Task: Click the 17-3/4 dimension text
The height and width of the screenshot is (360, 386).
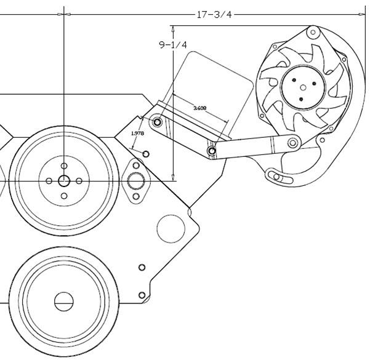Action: pos(214,14)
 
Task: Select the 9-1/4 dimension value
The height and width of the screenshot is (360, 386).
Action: pos(173,45)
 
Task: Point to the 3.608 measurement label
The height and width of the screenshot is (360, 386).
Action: pos(199,108)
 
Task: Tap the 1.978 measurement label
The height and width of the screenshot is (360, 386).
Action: pos(137,132)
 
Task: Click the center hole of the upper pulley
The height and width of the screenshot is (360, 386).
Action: pos(64,181)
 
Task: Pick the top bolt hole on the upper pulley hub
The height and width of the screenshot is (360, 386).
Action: pos(64,166)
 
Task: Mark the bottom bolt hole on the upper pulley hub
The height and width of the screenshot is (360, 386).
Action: pos(64,196)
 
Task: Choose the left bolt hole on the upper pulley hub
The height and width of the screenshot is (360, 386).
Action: pos(49,181)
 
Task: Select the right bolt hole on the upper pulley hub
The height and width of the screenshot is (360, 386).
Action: pos(79,181)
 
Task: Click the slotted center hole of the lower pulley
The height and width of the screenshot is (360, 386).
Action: pos(63,302)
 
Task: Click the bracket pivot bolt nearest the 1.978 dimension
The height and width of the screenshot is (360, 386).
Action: pos(158,122)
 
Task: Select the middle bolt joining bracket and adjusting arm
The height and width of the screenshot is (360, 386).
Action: pos(212,150)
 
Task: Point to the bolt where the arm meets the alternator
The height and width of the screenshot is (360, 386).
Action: pos(293,143)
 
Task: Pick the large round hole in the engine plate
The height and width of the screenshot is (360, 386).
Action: pos(171,228)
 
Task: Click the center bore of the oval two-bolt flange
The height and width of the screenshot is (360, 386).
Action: pos(135,181)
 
